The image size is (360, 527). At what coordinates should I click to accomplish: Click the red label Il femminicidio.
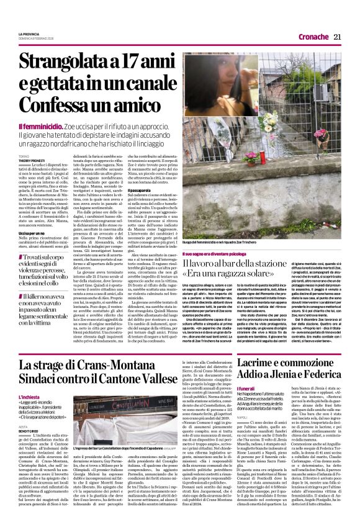[39, 126]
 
